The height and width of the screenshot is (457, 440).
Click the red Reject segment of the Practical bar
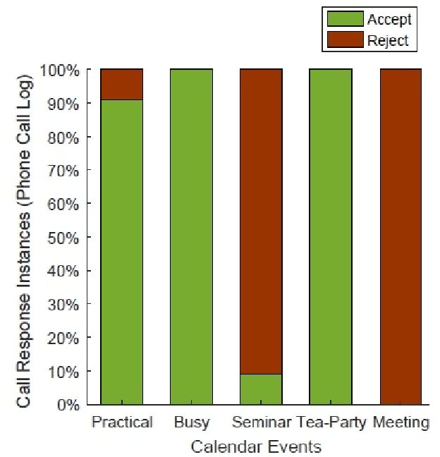coord(122,85)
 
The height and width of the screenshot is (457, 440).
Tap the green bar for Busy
coord(191,237)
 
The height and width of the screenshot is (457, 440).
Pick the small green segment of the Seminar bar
coord(261,389)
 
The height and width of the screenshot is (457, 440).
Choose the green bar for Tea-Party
coord(331,237)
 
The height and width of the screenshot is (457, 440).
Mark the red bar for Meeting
coord(400,237)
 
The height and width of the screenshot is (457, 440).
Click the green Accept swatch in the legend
coord(343,19)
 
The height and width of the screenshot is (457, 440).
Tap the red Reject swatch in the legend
coord(343,39)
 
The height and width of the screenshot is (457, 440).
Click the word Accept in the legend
coord(389,19)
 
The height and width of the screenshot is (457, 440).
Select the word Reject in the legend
coord(388,39)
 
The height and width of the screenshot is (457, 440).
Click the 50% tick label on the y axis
coord(75,238)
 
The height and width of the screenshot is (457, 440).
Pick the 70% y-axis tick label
coord(75,171)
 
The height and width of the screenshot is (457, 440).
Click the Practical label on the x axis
coord(122,422)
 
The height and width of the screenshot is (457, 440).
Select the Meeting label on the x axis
coord(401,422)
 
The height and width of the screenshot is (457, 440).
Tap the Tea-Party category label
coord(331,422)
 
